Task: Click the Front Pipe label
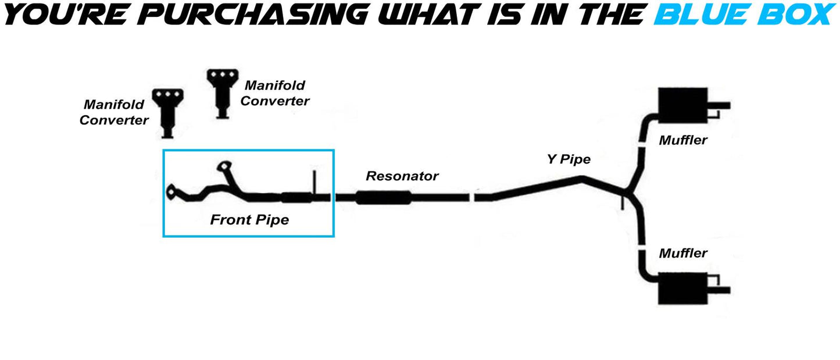tap(249, 220)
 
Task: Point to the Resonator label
tap(402, 176)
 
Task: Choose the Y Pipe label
tap(569, 159)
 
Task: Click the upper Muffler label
tap(683, 140)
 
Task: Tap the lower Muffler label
tap(683, 253)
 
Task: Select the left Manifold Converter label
tap(114, 112)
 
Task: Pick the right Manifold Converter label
tap(275, 93)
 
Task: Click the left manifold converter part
tap(167, 112)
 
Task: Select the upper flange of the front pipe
tap(223, 167)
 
